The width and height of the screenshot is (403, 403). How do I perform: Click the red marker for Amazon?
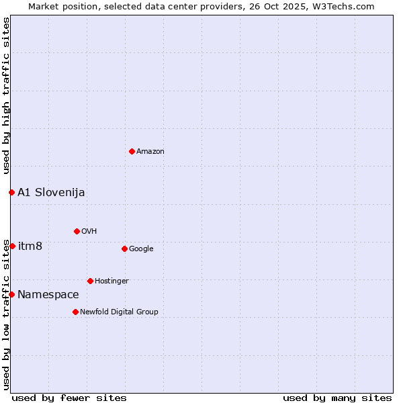(132, 151)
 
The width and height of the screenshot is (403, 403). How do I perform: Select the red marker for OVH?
(77, 231)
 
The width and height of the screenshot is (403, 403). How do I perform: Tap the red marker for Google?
(124, 249)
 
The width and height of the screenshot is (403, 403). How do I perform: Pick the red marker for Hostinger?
(90, 281)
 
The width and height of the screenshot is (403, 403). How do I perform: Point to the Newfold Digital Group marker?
(75, 312)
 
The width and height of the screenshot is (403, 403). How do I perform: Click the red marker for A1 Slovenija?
(11, 192)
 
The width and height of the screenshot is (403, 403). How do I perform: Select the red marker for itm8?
(12, 246)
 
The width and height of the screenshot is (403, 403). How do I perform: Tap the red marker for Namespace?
(11, 294)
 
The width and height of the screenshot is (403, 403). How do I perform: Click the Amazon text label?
(150, 152)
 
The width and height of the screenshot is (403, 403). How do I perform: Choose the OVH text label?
(89, 232)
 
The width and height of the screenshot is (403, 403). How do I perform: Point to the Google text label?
(141, 249)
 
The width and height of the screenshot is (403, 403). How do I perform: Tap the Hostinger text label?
(111, 281)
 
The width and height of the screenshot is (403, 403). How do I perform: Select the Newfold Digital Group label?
(119, 312)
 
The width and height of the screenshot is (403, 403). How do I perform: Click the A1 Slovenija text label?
(51, 193)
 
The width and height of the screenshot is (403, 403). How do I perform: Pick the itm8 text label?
(30, 247)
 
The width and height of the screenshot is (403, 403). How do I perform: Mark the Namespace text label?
(48, 295)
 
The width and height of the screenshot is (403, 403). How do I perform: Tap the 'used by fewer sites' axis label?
(69, 398)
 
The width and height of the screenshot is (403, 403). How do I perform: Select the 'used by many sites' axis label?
(337, 398)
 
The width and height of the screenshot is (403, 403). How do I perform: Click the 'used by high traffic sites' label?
(6, 95)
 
